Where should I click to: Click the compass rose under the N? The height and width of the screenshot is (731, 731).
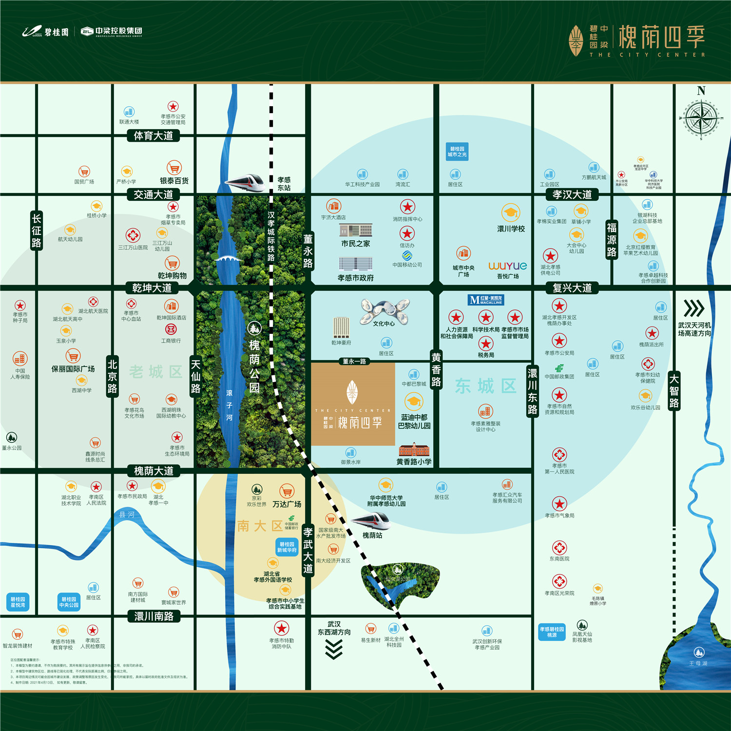pos(701,118)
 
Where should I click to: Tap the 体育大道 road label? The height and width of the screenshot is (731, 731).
pos(154,135)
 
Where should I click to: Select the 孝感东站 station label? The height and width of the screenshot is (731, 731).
pos(284,184)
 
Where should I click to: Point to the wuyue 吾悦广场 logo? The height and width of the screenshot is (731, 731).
pos(508,266)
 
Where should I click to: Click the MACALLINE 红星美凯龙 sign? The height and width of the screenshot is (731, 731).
pos(485,300)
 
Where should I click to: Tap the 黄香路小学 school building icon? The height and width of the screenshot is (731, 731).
pos(414,449)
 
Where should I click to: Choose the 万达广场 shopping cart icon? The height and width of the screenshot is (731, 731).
pos(287,491)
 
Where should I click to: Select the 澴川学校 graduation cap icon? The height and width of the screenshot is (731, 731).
pos(511,212)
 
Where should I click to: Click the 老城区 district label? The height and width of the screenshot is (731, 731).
pos(155,372)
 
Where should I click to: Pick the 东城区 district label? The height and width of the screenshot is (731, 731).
pos(485,386)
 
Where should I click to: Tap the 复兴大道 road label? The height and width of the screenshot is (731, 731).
pos(572,288)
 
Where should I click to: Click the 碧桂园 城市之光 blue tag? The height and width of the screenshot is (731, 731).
pos(457,152)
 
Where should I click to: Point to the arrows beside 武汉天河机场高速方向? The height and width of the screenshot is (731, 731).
pos(693,308)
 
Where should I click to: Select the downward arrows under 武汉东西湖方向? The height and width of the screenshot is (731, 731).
pos(334,649)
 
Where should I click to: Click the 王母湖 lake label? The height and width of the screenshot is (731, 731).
pos(698,663)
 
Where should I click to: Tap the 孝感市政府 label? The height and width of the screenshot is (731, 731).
pos(356,278)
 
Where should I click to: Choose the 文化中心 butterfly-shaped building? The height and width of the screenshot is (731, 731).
pos(385,311)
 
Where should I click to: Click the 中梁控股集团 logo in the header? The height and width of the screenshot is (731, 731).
pos(112,32)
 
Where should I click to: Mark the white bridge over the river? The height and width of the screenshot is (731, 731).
pos(229,258)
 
